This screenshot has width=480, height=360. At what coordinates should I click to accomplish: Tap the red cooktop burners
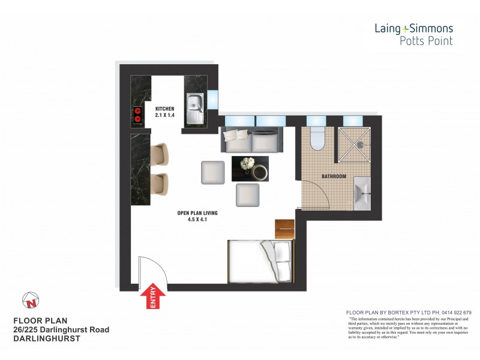click(x=137, y=114)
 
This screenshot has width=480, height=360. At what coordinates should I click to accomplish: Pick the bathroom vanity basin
click(x=362, y=193)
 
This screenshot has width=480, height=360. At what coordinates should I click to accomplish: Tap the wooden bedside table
click(x=285, y=228)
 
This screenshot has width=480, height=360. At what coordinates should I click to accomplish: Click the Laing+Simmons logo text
click(x=413, y=28)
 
